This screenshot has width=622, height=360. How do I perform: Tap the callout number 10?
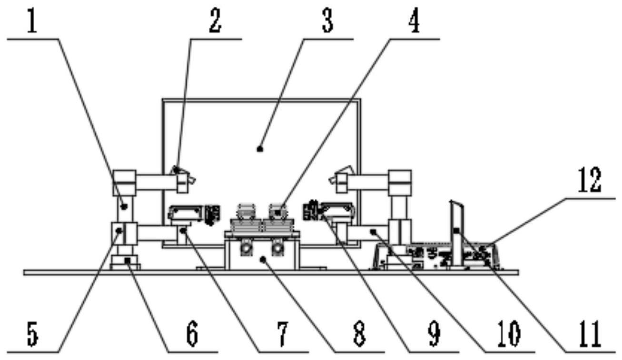[507, 335]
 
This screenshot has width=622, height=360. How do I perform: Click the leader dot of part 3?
[259, 149]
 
